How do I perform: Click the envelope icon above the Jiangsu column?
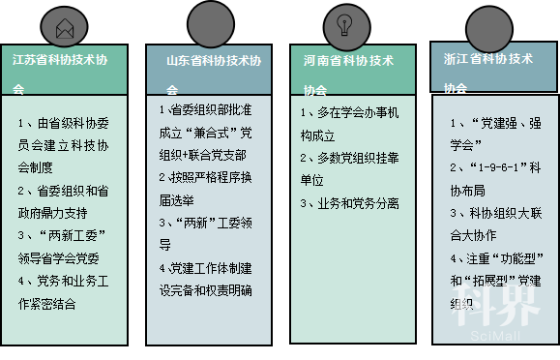(x=64, y=28)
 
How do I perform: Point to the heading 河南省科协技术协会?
(x=348, y=73)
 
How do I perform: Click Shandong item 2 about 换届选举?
(x=208, y=187)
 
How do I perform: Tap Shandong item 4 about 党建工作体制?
(x=208, y=278)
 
